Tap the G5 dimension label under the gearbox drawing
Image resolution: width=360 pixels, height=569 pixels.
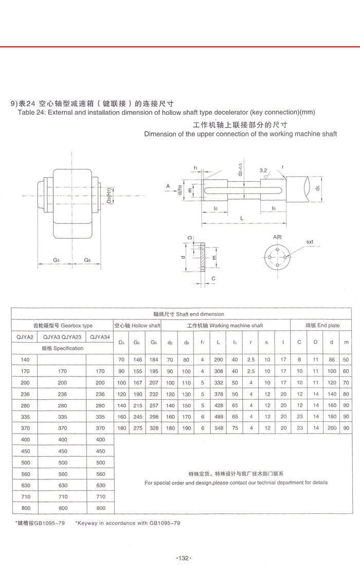(x=57, y=260)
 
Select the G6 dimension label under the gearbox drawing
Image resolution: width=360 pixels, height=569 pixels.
(x=87, y=260)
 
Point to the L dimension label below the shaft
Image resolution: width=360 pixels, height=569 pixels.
(x=242, y=219)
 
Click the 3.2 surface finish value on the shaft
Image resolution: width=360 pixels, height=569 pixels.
(x=263, y=170)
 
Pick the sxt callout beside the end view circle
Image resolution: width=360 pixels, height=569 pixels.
(x=310, y=241)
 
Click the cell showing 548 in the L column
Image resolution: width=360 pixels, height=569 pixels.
(x=219, y=428)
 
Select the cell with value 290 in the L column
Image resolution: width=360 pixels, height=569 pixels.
(x=219, y=360)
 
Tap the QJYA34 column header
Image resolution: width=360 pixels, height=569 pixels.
(x=100, y=337)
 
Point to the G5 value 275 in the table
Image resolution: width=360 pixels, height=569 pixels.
(x=137, y=428)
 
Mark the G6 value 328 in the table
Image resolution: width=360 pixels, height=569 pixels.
(x=153, y=428)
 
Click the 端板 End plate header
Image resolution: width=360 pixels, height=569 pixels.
(x=322, y=326)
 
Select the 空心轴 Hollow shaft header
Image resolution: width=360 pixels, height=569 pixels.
(x=137, y=326)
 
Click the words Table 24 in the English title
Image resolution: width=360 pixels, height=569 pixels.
(x=31, y=112)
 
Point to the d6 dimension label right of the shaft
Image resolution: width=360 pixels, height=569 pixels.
(x=318, y=188)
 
